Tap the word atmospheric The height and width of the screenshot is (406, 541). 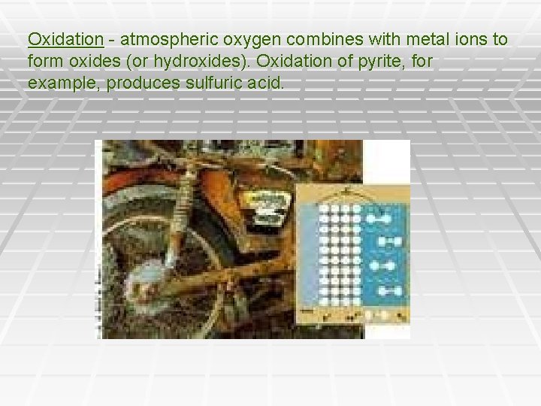coord(160,38)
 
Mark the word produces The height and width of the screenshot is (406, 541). coord(142,82)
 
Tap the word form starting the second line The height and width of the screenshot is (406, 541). coord(44,60)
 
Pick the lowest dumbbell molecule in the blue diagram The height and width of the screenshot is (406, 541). coord(389,291)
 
